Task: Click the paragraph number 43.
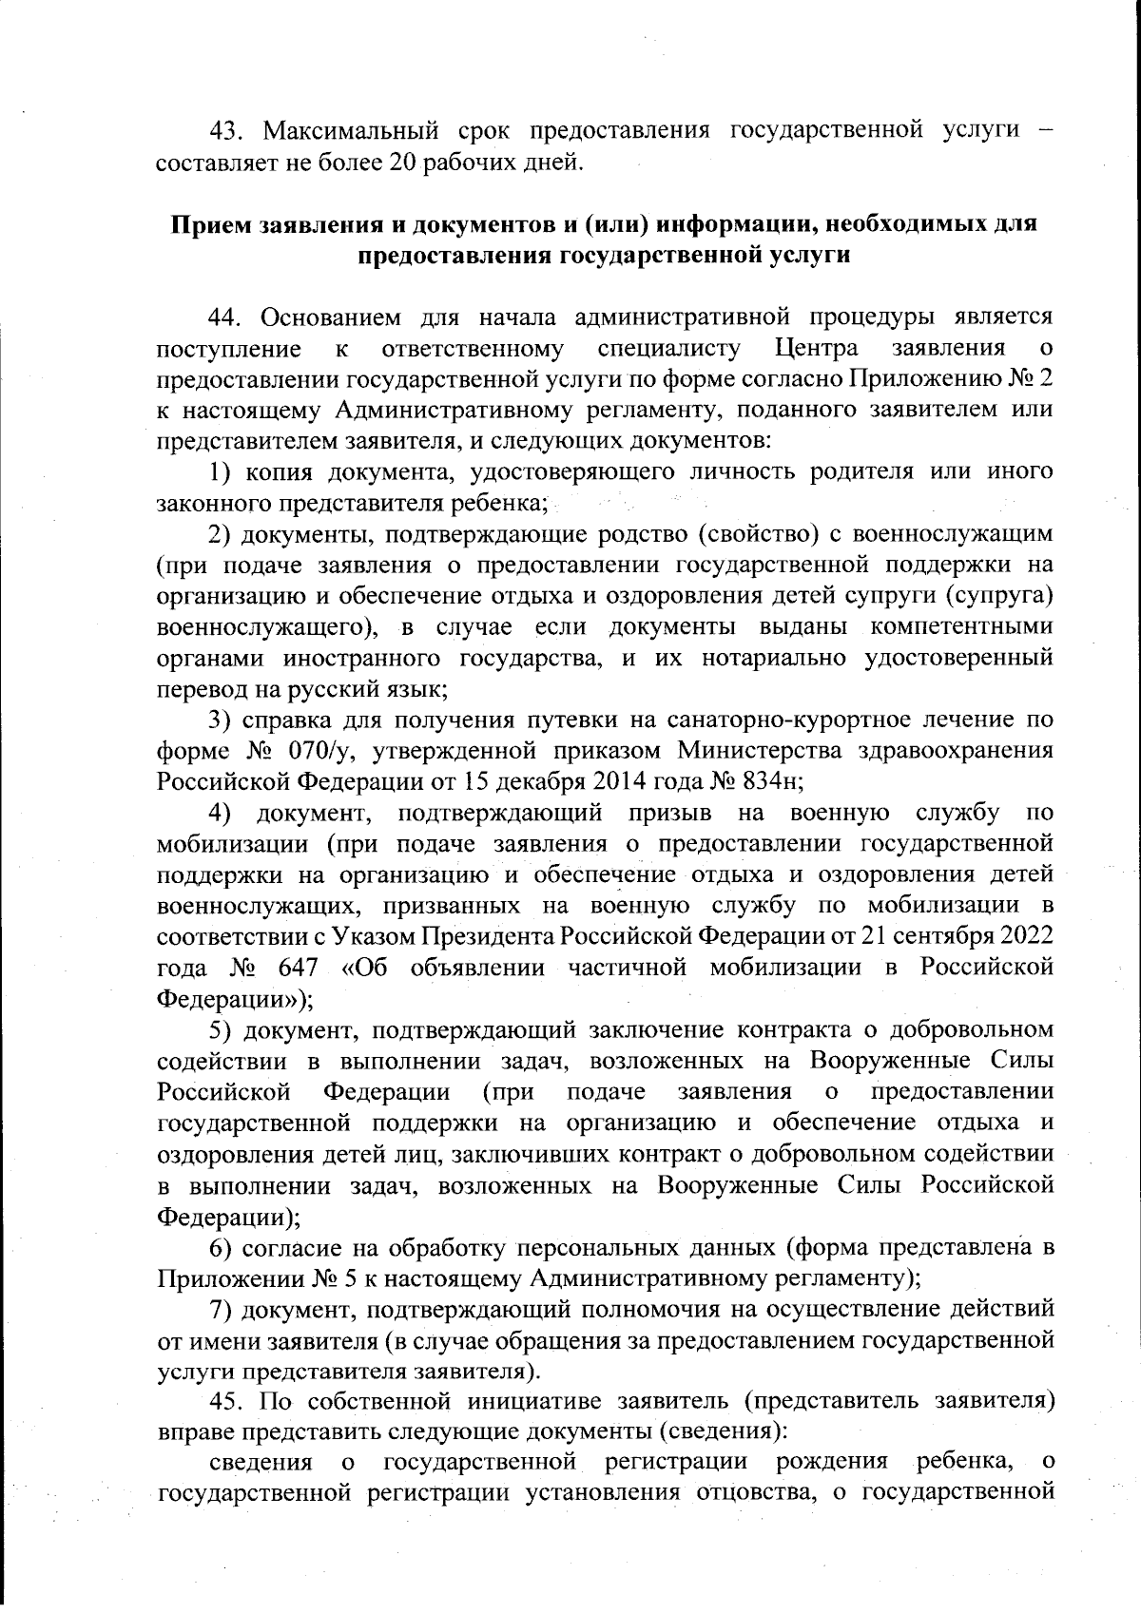(227, 129)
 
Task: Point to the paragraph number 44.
(227, 317)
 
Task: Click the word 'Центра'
(817, 348)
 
